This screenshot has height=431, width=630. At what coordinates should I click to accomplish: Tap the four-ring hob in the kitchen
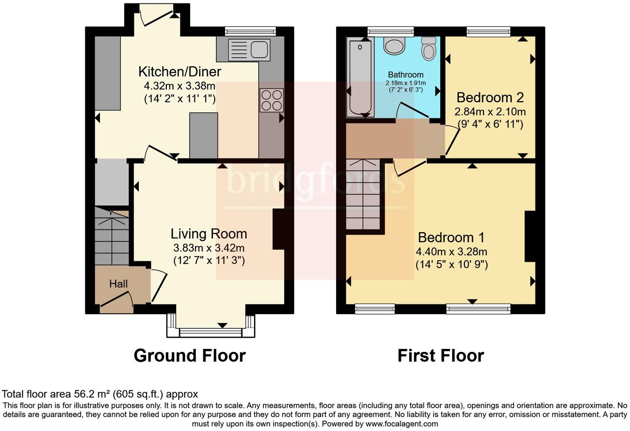pos(272,100)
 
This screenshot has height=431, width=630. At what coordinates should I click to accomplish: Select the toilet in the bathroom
pos(429,48)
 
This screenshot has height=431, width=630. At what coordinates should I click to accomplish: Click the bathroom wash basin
pos(394,46)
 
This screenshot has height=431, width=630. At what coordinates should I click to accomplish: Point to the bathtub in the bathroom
pos(360,77)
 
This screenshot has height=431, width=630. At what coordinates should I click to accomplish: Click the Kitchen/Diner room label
pos(179,72)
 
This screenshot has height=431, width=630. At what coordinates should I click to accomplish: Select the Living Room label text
pos(208,234)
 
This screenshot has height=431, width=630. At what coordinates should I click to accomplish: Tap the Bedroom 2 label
pos(490,97)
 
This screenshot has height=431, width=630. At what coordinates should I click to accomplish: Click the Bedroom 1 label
pos(451,237)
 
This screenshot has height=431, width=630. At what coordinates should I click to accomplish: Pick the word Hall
pos(118,284)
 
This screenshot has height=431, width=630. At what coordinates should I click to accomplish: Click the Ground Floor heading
pos(189,356)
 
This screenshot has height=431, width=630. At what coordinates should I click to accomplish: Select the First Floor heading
pos(440,356)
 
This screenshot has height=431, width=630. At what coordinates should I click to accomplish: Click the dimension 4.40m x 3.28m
pos(451,252)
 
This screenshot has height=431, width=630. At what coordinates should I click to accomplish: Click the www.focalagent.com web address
pos(402,424)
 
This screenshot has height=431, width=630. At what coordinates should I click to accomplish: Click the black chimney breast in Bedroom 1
pos(530,236)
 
